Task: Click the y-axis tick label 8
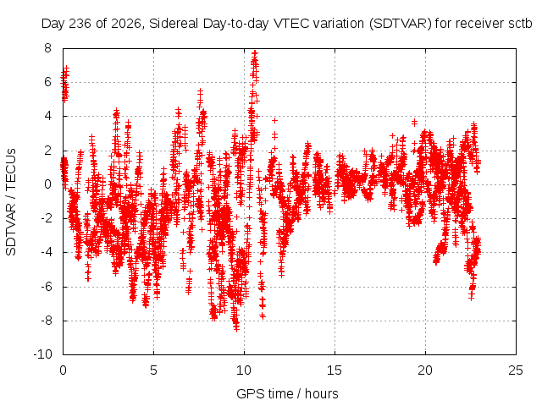[47, 48]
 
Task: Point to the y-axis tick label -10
[42, 354]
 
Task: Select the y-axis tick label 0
[47, 184]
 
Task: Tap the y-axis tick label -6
[46, 287]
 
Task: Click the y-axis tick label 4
[47, 116]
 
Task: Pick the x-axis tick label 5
[153, 370]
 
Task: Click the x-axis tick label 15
[335, 370]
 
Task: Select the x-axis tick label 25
[516, 370]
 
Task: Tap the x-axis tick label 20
[425, 370]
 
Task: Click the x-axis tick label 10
[244, 370]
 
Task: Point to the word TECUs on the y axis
[11, 169]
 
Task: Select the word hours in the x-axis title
[322, 393]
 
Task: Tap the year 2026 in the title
[126, 24]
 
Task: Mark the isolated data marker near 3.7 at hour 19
[414, 122]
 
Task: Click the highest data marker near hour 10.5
[255, 53]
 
